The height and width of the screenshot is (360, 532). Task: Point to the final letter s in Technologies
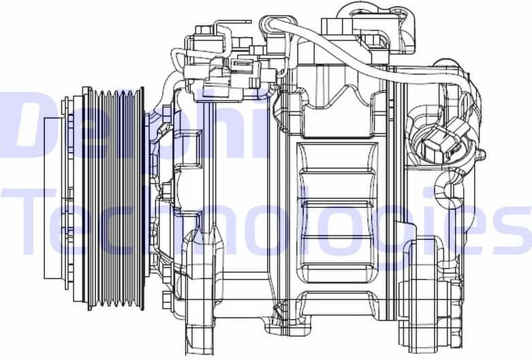point(511,228)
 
